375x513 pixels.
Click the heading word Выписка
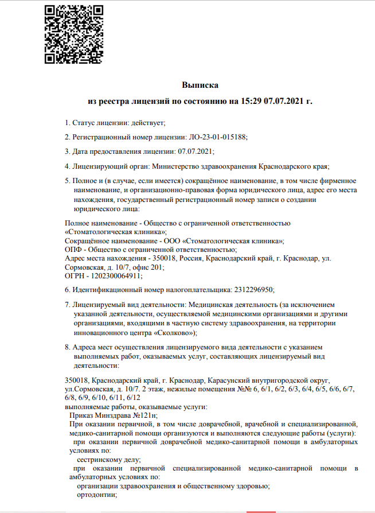(200, 85)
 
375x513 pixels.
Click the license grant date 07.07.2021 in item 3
(196, 152)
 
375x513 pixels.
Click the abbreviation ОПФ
(72, 250)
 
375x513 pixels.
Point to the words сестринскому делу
(108, 460)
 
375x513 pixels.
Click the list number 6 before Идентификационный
(67, 290)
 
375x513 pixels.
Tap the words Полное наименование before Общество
(95, 224)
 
